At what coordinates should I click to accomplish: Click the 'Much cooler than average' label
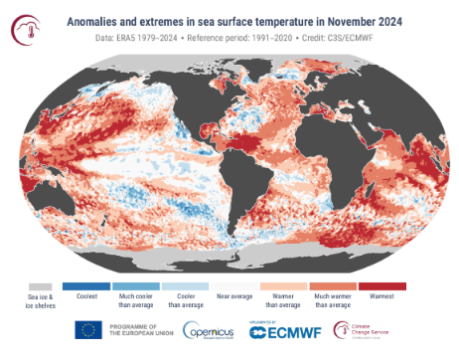(x=138, y=301)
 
